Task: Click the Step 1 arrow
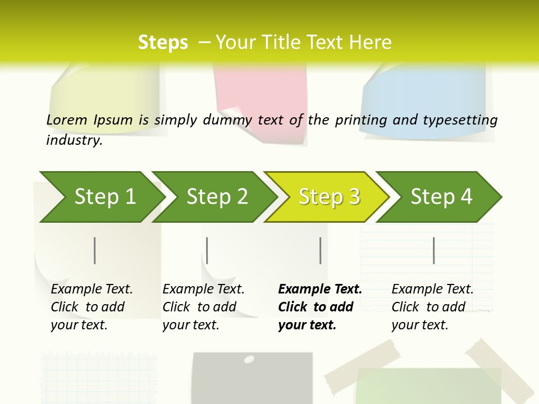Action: pos(104,197)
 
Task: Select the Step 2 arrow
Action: pos(217,197)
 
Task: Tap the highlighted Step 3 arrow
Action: pos(329,197)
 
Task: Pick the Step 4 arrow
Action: pos(441,197)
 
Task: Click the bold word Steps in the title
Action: pos(163,43)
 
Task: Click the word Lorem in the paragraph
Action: pos(67,120)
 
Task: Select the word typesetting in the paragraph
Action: pos(460,120)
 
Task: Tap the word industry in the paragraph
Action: pos(74,140)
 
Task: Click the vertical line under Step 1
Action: pos(95,250)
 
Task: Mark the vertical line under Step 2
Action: pos(207,250)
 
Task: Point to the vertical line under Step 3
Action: pos(320,250)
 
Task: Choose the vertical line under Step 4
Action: pos(434,250)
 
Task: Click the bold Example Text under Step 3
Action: pos(320,290)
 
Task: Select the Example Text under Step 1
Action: pos(92,290)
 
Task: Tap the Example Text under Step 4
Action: pos(432,290)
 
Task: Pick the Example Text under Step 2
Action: pos(203,290)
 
